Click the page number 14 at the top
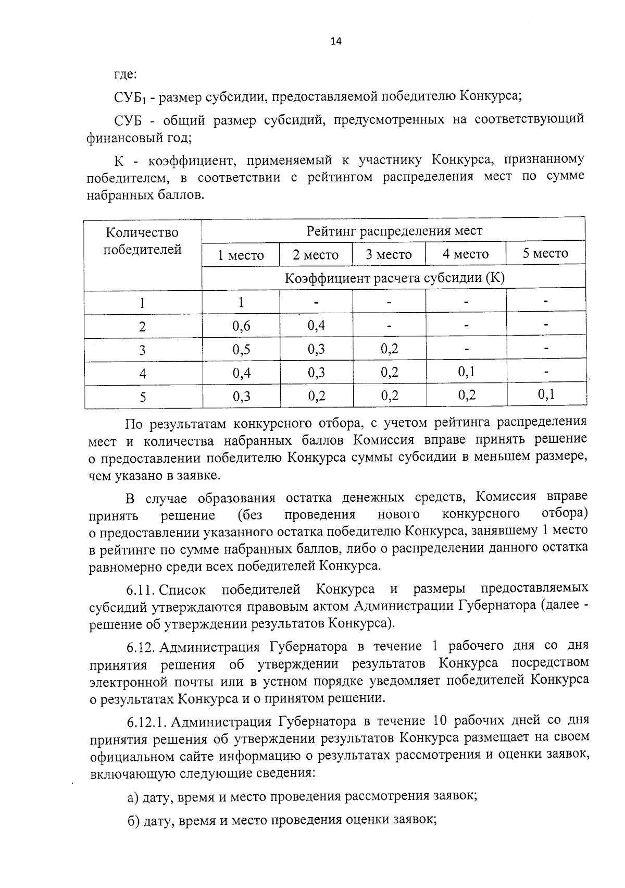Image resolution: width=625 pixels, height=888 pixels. [335, 42]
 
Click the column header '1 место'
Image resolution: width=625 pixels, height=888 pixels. [241, 255]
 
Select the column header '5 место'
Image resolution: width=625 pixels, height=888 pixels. [545, 254]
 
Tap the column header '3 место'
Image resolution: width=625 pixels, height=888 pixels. [389, 255]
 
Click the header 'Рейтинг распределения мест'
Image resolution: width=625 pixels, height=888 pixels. [394, 230]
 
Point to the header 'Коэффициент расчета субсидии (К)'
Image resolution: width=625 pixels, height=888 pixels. [394, 278]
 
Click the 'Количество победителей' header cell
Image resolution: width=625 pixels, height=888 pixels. [142, 241]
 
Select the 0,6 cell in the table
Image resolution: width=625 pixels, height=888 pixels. [241, 326]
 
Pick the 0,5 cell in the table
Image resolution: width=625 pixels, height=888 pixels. [241, 349]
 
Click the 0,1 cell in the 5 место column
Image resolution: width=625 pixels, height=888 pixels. [546, 394]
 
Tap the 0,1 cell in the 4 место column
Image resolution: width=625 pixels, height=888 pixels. [466, 372]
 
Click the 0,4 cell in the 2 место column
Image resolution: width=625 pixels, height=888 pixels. [316, 326]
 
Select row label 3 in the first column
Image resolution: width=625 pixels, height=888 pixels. [143, 350]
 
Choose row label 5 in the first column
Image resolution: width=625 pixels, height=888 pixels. [143, 398]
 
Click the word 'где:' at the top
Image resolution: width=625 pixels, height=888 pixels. [125, 73]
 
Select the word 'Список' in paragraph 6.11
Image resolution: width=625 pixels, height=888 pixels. [182, 590]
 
